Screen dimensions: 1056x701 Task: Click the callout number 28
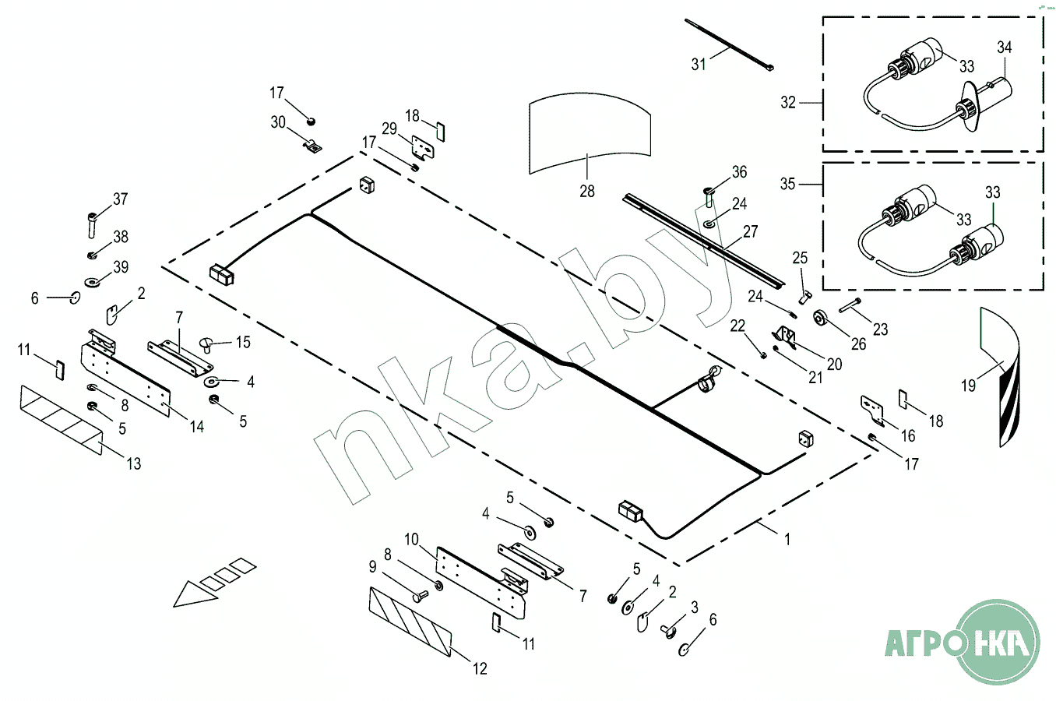[587, 191]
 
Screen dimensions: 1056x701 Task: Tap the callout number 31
[699, 64]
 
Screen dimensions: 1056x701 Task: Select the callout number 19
[968, 386]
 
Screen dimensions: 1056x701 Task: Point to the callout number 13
[134, 463]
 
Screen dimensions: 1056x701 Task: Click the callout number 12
[480, 668]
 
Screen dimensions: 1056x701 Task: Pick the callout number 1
[787, 539]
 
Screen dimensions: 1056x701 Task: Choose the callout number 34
[1005, 48]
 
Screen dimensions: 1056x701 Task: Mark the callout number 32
[788, 102]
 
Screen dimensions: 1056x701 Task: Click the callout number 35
[788, 184]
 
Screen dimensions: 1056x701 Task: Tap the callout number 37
[121, 199]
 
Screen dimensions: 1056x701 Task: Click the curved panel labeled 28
[590, 133]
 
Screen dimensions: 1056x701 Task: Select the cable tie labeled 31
[729, 44]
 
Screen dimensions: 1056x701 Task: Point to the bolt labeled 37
[93, 225]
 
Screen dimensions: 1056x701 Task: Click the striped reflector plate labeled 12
[410, 622]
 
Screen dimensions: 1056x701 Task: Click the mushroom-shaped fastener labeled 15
[207, 344]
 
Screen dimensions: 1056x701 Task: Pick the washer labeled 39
[92, 282]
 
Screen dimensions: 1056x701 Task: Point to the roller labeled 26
[821, 318]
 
